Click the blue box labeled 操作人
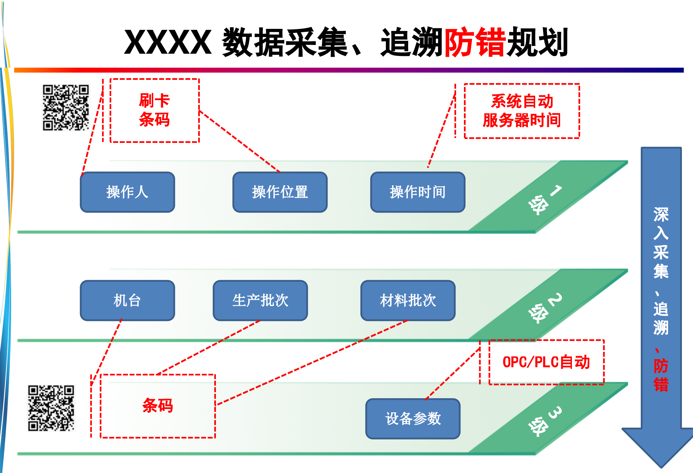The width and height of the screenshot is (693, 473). pos(127,192)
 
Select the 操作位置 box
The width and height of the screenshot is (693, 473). pos(280,192)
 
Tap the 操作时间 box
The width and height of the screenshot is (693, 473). pos(418,192)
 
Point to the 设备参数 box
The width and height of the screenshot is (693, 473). pos(413,419)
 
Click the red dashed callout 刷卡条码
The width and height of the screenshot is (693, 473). pos(155,110)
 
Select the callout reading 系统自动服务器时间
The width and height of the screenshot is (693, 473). pos(522,111)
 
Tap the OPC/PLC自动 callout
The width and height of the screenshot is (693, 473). pos(546,362)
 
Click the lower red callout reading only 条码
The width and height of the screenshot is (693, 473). pos(157,406)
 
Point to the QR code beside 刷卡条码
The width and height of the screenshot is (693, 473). pos(66,108)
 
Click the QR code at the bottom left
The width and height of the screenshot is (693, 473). pos(51,408)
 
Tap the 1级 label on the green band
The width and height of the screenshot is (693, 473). pos(545,199)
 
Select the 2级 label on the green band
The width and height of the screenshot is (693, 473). pos(545,308)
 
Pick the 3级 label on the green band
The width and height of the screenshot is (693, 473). pos(545,421)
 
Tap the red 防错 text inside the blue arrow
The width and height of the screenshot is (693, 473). pos(661,375)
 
